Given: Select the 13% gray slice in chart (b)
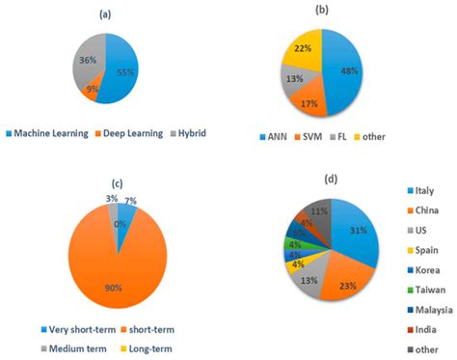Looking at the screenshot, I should point(292,80).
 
